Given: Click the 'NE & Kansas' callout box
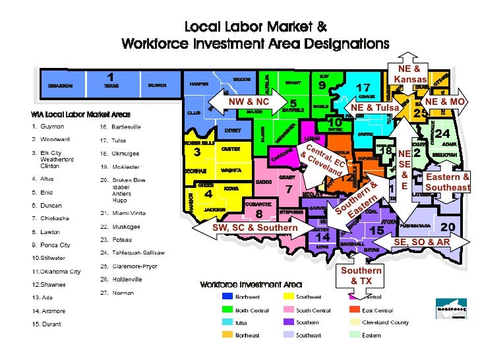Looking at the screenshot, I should pyautogui.click(x=410, y=74).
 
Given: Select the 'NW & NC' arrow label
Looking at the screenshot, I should pyautogui.click(x=249, y=102).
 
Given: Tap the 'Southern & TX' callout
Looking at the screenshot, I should pyautogui.click(x=361, y=276).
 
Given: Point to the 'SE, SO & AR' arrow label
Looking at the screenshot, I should pyautogui.click(x=421, y=242).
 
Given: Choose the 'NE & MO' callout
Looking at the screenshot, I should pyautogui.click(x=445, y=102).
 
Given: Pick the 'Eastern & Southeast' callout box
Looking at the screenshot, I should pyautogui.click(x=448, y=183).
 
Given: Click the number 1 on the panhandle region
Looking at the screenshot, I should pyautogui.click(x=111, y=77).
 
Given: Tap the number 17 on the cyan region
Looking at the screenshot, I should pyautogui.click(x=363, y=88).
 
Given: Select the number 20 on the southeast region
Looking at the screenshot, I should pyautogui.click(x=448, y=227).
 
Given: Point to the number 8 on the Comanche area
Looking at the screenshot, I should pyautogui.click(x=259, y=214).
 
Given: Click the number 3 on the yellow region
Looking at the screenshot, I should pyautogui.click(x=196, y=152).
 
